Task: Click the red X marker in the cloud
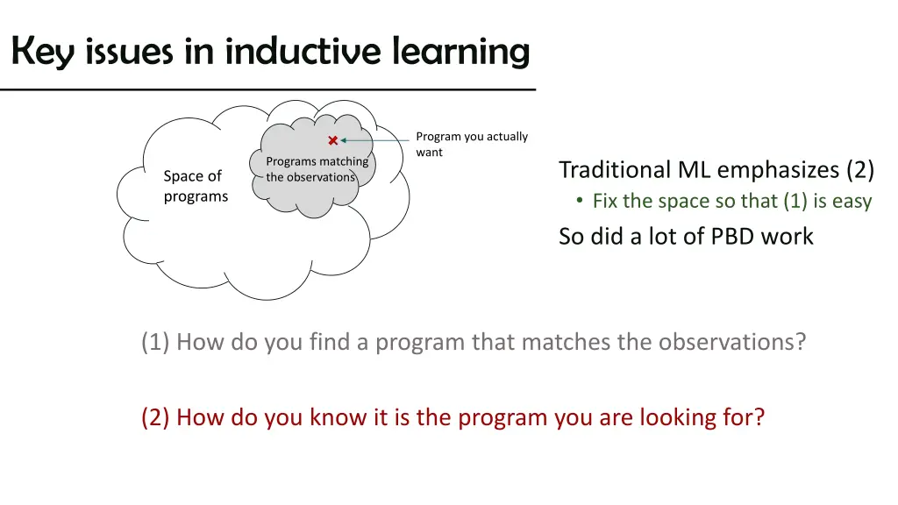pyautogui.click(x=333, y=140)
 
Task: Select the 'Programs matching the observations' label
pyautogui.click(x=317, y=169)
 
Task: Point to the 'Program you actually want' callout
pyautogui.click(x=472, y=144)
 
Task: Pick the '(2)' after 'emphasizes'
pyautogui.click(x=859, y=169)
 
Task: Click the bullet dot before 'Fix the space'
pyautogui.click(x=580, y=202)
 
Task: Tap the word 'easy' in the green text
pyautogui.click(x=852, y=202)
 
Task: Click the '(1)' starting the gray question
pyautogui.click(x=155, y=341)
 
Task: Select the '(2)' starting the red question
pyautogui.click(x=155, y=417)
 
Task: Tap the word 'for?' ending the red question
pyautogui.click(x=744, y=417)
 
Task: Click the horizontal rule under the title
pyautogui.click(x=267, y=90)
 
